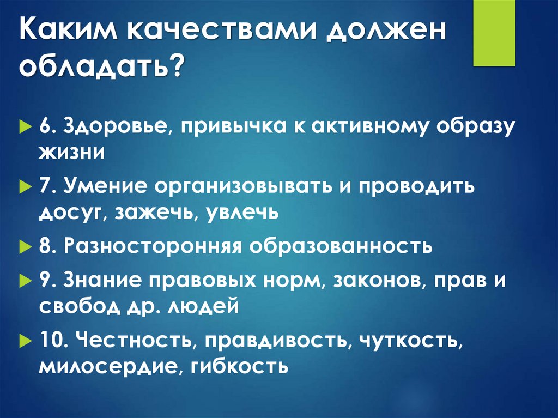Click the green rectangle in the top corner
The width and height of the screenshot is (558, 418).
point(494,33)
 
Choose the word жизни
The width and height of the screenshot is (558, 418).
point(71,152)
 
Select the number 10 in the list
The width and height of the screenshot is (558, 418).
point(51,341)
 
